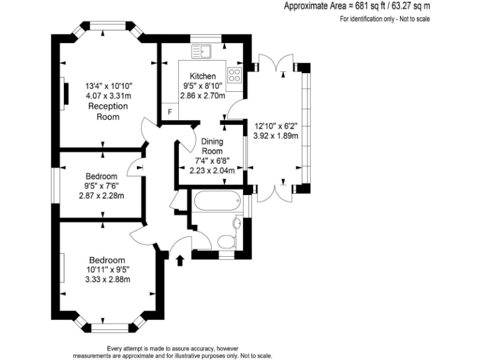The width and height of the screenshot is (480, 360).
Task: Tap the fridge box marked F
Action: [169, 112]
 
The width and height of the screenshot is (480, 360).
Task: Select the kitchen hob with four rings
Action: [235, 76]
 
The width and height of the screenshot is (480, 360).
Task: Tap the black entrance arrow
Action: [181, 259]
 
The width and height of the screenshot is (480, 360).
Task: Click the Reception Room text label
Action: [108, 111]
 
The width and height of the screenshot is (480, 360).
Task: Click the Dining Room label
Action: [212, 146]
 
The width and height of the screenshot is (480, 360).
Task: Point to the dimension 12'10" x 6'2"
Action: [276, 126]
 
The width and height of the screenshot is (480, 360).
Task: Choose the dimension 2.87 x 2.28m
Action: [101, 196]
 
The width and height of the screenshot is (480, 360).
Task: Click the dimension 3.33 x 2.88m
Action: [107, 279]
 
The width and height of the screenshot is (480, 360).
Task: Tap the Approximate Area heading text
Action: [357, 7]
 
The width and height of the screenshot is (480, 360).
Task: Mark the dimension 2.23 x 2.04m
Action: [212, 170]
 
